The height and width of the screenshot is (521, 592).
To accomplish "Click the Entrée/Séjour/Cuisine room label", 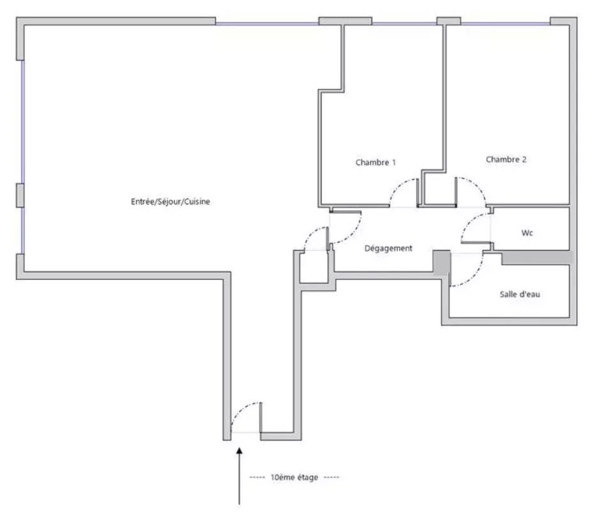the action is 171,202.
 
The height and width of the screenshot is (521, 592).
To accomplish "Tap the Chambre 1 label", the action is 376,162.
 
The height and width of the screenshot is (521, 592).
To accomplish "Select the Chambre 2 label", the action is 506,159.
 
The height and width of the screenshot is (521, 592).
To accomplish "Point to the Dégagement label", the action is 388,248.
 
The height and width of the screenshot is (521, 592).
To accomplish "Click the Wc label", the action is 527,233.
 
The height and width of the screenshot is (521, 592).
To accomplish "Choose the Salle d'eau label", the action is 519,294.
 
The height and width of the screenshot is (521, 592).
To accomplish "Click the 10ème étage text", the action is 294,477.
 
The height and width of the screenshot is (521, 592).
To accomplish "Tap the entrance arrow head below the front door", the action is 239,451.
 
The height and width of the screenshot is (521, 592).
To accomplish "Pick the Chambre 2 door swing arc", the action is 476,186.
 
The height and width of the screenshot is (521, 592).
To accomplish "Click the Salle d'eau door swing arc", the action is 474,277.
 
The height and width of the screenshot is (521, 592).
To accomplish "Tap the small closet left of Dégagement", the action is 314,268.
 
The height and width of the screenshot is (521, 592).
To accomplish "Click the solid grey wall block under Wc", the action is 537,258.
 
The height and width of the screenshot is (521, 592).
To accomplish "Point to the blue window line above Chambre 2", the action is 505,24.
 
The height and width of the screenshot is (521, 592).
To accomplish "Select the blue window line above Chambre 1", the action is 404,24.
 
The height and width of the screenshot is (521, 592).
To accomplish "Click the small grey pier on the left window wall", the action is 20,196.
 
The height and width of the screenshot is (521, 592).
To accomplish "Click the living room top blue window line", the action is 268,24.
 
